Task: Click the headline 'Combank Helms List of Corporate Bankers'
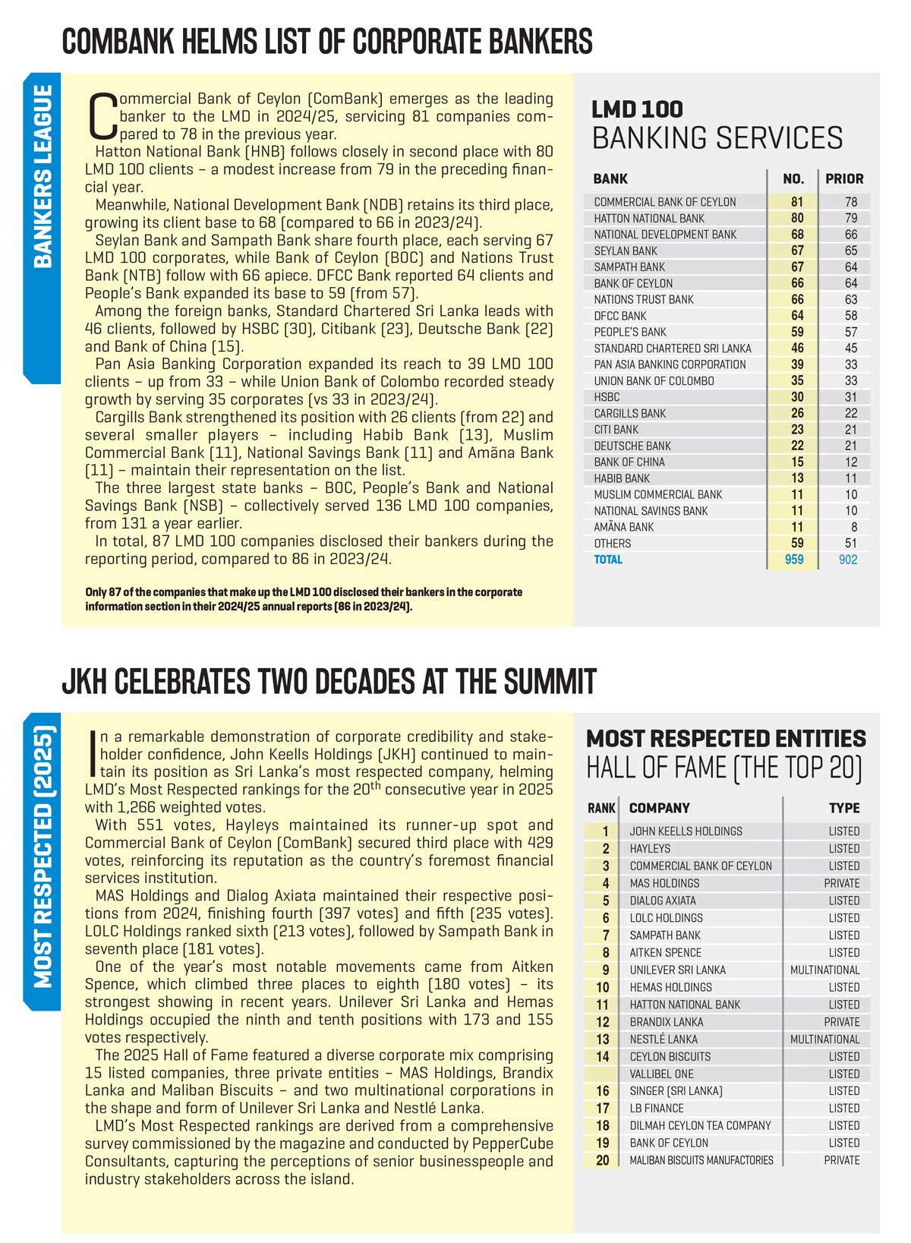[x=327, y=42]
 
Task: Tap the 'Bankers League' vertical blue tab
[x=43, y=176]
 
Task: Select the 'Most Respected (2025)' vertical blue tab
[x=43, y=858]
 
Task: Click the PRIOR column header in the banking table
[x=844, y=179]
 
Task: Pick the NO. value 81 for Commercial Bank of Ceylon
[x=797, y=202]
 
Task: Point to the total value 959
[x=794, y=560]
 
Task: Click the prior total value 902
[x=848, y=560]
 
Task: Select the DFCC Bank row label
[x=620, y=316]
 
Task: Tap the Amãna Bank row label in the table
[x=623, y=527]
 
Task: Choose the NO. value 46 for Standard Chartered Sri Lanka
[x=797, y=349]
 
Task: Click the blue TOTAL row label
[x=608, y=560]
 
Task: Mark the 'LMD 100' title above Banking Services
[x=637, y=109]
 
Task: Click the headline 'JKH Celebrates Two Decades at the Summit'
[x=329, y=682]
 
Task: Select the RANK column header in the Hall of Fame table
[x=601, y=809]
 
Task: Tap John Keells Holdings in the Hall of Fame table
[x=686, y=831]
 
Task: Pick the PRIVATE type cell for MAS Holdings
[x=842, y=883]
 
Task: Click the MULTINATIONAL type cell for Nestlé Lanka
[x=824, y=1040]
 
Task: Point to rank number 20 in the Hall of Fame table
[x=603, y=1160]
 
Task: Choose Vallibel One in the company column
[x=661, y=1074]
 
